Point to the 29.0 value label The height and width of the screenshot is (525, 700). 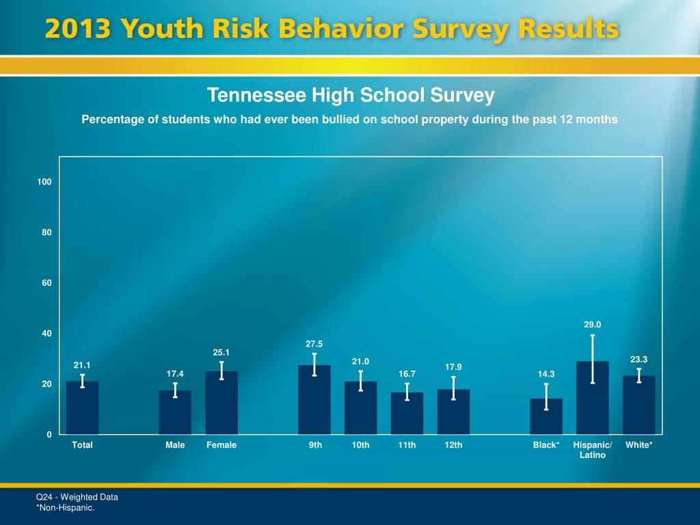click(592, 325)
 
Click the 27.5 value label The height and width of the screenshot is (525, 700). click(314, 344)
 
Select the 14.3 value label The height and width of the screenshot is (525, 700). click(546, 374)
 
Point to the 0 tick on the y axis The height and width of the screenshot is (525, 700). click(49, 435)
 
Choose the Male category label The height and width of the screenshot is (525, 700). click(175, 445)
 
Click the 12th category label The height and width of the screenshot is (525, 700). click(453, 445)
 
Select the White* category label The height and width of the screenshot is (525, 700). click(638, 445)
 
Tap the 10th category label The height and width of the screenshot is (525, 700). click(360, 445)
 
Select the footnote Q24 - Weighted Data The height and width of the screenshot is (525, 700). click(77, 497)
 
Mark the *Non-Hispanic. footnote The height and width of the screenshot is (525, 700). click(65, 507)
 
